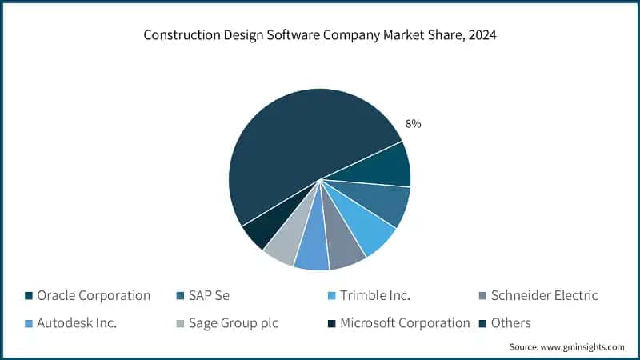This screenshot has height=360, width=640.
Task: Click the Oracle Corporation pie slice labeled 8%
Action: coord(379,166)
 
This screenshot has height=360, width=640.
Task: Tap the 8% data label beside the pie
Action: coord(413,124)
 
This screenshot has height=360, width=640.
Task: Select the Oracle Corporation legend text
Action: coord(94,295)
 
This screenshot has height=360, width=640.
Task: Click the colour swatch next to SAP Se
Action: coord(180,296)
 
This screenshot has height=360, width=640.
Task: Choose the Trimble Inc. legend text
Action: coord(374,295)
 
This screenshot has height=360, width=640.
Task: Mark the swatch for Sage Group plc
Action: coord(180,323)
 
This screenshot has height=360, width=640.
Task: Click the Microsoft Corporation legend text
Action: coord(405,322)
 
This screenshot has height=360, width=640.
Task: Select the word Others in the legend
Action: coord(510,322)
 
